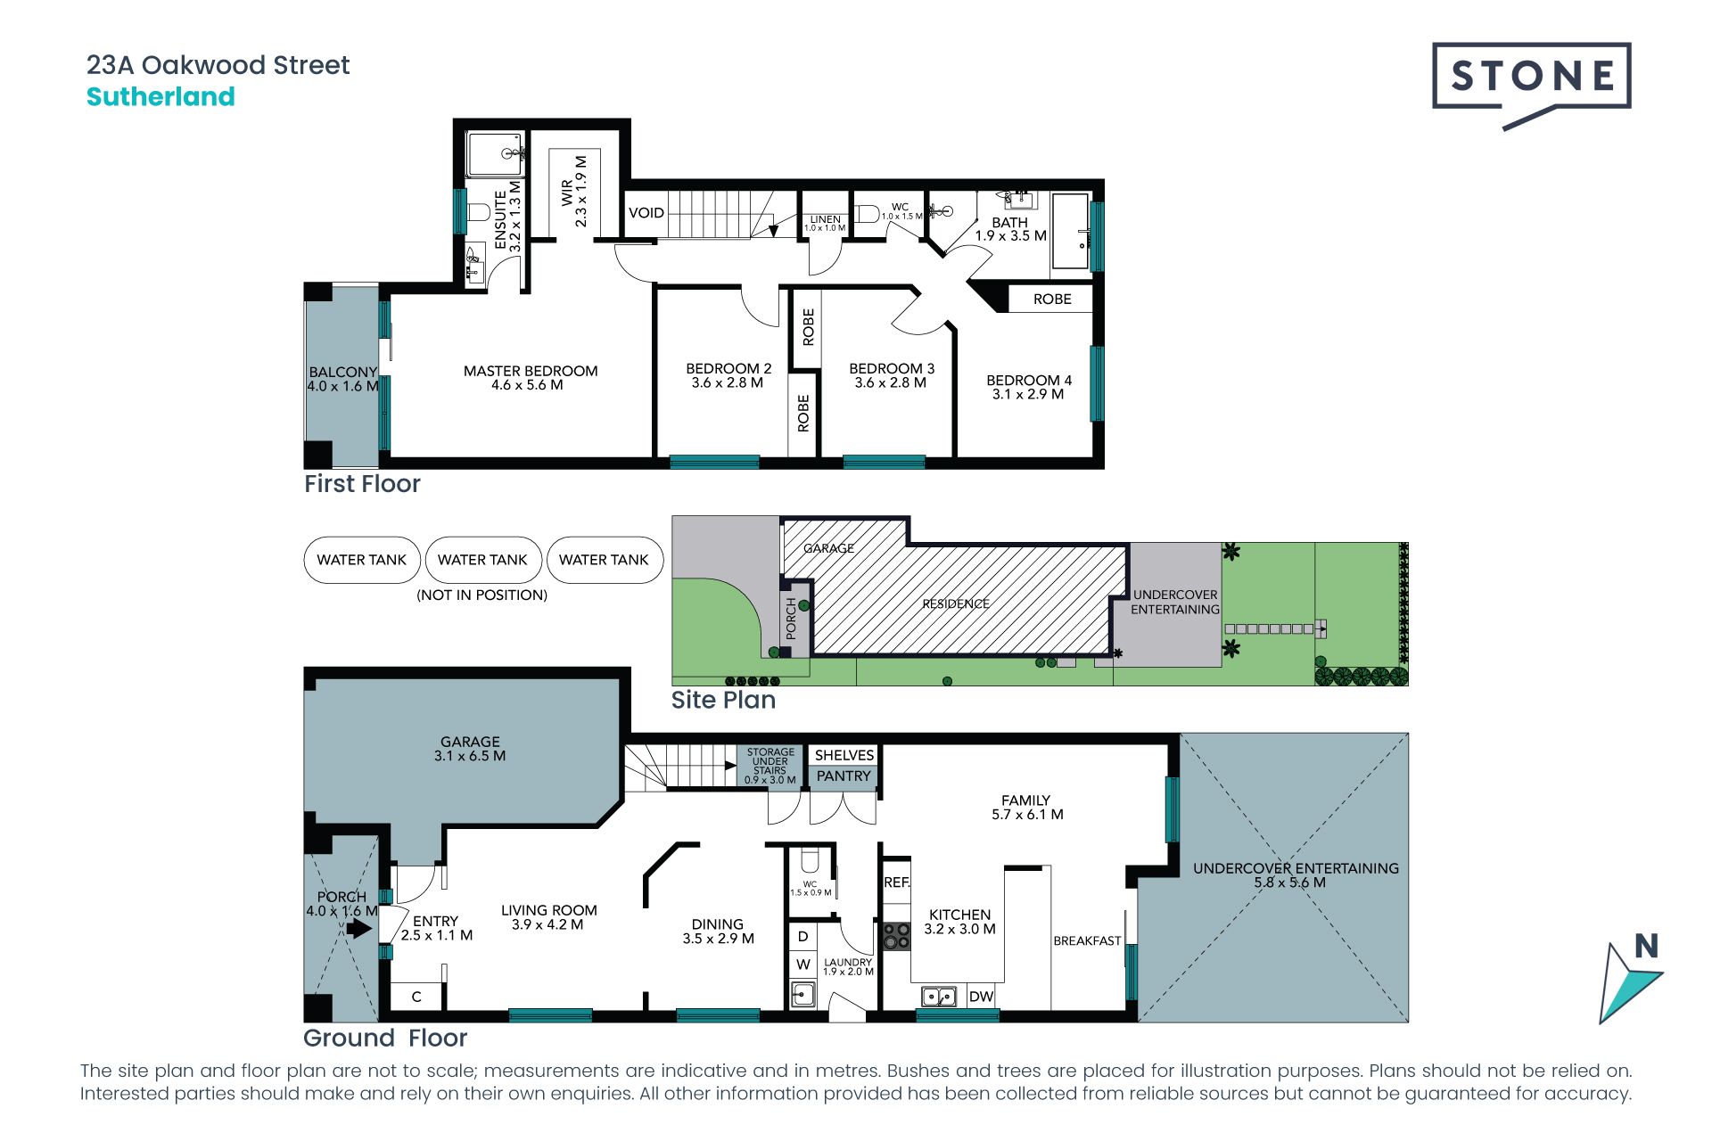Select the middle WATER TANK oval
483,560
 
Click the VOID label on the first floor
646,213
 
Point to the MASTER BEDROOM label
531,371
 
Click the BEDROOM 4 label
1029,380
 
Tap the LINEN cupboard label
825,219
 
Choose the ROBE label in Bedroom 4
1052,300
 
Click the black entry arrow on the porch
358,929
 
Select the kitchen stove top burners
896,936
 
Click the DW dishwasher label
981,997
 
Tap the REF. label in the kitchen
897,882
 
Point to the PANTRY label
844,776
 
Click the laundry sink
802,994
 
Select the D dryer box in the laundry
802,937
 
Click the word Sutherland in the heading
160,96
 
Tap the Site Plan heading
723,701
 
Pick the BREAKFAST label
1087,940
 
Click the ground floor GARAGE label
470,742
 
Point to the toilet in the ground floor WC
810,861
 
